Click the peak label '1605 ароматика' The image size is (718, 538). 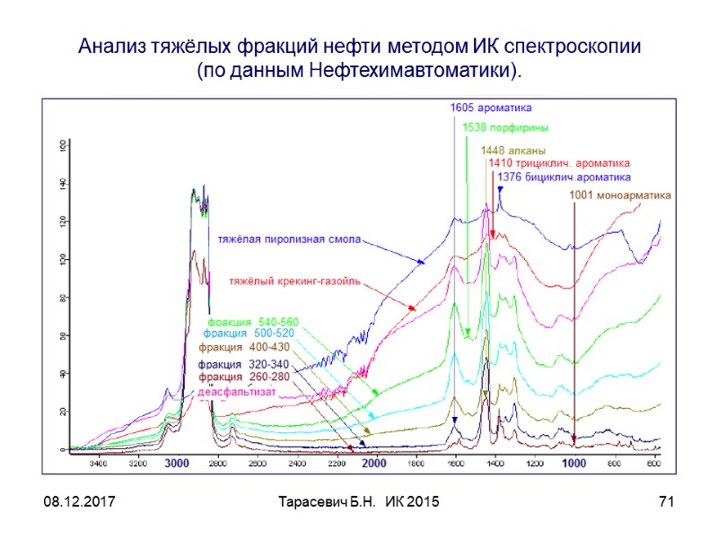coord(491,108)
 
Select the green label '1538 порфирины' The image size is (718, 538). coord(505,127)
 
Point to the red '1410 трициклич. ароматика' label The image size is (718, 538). coord(558,163)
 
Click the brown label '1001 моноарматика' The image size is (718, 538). coord(620,195)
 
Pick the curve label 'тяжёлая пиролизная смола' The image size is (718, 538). coord(289,240)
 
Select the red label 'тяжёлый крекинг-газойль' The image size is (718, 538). coord(295,282)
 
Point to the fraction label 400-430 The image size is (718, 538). coord(243,347)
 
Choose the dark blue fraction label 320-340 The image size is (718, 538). coord(243,365)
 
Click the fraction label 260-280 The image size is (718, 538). coord(243,377)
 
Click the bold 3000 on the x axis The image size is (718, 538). coord(177,464)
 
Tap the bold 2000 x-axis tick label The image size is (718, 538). coord(373,464)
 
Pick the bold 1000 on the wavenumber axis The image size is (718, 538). coord(574,464)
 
